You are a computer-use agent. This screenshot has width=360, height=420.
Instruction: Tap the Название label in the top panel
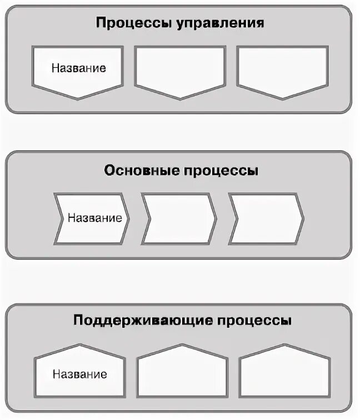79,68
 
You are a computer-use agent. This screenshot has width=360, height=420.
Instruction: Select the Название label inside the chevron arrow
94,217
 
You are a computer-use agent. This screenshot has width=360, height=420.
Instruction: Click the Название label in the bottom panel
79,373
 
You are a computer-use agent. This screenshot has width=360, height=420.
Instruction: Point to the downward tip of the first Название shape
77,98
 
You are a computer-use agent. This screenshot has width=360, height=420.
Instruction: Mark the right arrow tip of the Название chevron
129,218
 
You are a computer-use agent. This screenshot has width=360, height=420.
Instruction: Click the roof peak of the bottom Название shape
78,346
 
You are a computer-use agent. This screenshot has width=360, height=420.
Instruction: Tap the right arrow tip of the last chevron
303,218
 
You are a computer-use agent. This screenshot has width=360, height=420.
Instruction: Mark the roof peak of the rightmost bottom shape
284,345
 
